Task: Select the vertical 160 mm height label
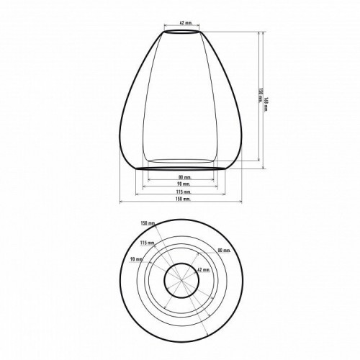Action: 267,99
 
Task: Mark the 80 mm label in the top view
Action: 223,251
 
